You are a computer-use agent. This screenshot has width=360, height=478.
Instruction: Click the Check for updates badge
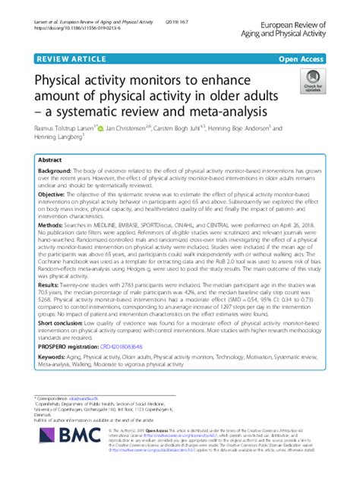point(311,83)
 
